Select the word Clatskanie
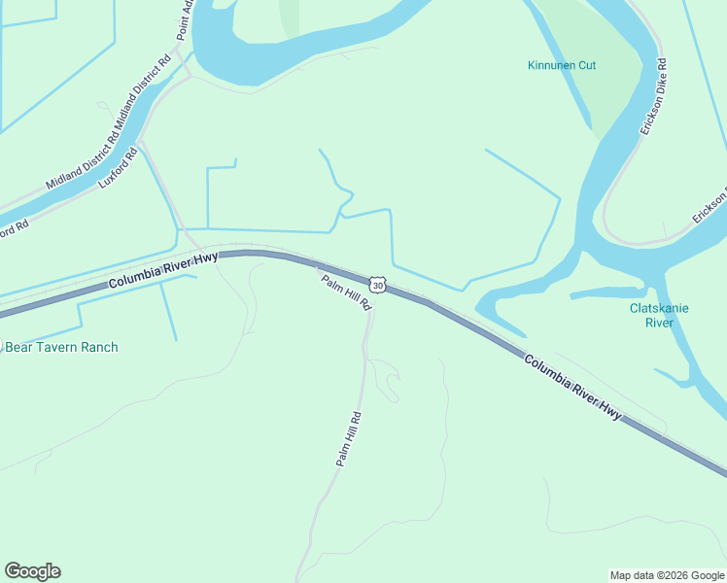pos(659,308)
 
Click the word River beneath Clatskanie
pos(659,323)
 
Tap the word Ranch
pos(100,347)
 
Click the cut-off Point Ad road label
pos(186,19)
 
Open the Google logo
pos(32,571)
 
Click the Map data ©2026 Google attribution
pos(668,575)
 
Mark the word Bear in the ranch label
pos(19,347)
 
